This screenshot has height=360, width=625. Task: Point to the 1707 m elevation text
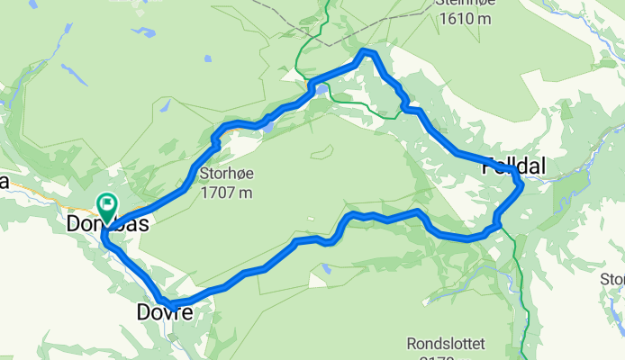[x=227, y=192]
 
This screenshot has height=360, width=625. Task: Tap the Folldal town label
[x=514, y=166]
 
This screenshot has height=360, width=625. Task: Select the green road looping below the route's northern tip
[x=360, y=100]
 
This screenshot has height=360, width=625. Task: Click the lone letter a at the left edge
[x=4, y=183]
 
